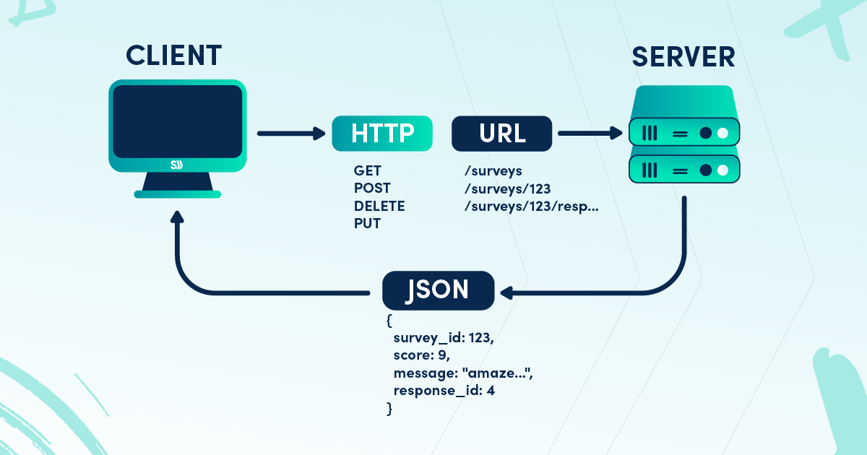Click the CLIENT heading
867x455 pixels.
point(173,56)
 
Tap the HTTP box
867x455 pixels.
point(382,134)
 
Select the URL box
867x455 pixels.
point(502,134)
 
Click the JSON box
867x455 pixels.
point(439,290)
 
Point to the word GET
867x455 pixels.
point(366,171)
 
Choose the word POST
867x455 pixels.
point(372,188)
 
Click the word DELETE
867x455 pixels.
point(379,207)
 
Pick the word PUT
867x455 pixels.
point(367,224)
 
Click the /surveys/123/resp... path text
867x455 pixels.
point(532,207)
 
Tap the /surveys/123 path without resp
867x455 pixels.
point(508,188)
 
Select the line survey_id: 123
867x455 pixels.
point(443,339)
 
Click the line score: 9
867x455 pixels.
point(422,356)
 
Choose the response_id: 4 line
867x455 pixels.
point(444,391)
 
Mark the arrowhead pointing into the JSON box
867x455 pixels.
point(506,292)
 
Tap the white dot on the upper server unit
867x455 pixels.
point(722,134)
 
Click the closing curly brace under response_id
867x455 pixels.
point(390,409)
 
